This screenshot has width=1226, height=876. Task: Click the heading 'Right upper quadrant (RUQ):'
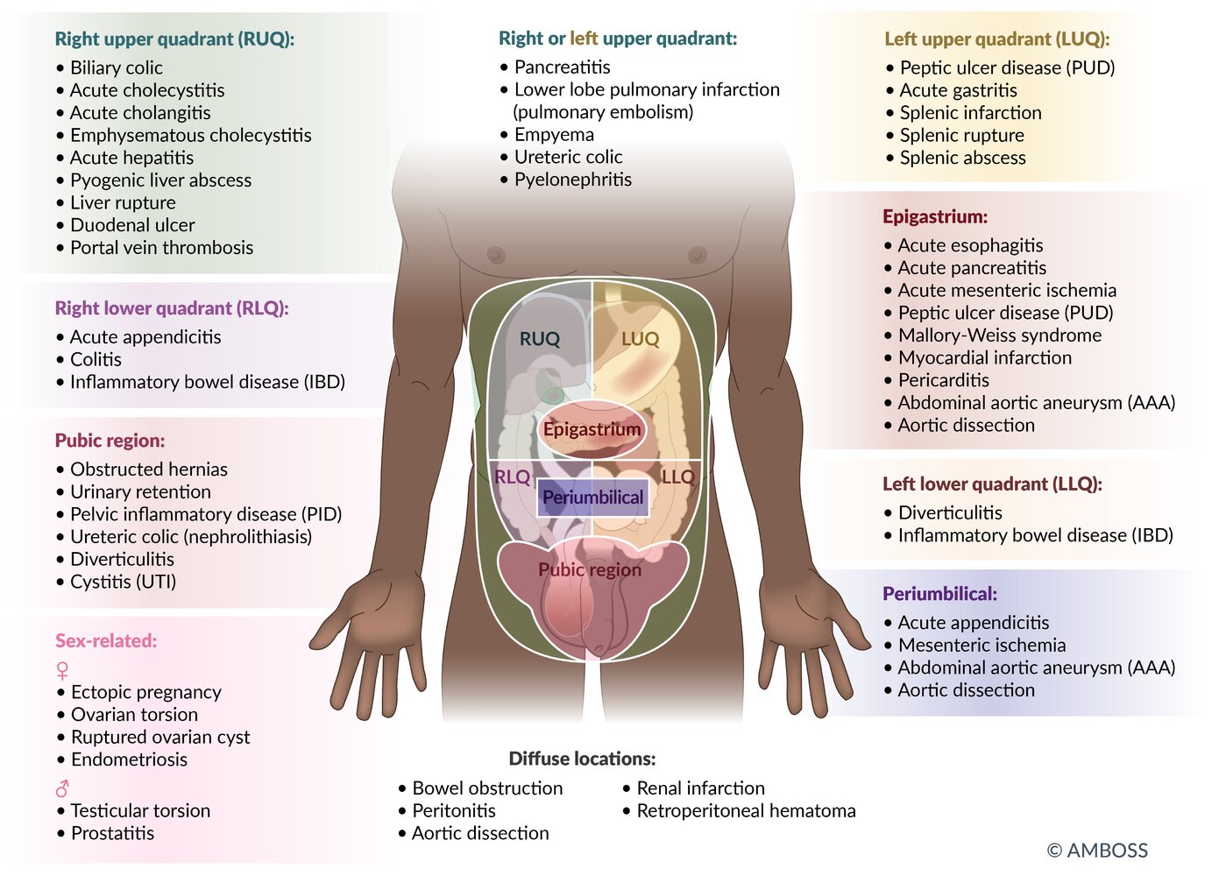[x=174, y=39]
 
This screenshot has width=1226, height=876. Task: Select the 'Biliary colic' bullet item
[x=116, y=67]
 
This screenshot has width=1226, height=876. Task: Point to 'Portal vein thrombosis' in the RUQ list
[x=161, y=248]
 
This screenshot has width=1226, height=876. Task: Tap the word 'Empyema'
[x=554, y=135]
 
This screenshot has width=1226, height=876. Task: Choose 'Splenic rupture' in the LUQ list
[x=961, y=136]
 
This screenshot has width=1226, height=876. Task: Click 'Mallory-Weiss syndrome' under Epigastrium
[x=999, y=336]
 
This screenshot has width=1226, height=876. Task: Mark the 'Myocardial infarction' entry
[x=984, y=358]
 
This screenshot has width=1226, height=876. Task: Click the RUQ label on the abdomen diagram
[x=539, y=339]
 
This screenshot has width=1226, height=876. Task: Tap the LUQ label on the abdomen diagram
[x=640, y=339]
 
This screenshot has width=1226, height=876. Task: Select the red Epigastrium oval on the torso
[x=592, y=429]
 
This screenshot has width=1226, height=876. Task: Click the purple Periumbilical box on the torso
[x=592, y=498]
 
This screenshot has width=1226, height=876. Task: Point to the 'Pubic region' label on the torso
[x=590, y=570]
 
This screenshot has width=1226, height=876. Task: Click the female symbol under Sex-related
[x=62, y=671]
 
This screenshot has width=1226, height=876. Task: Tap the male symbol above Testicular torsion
[x=62, y=788]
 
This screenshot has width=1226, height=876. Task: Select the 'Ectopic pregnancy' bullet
[x=145, y=692]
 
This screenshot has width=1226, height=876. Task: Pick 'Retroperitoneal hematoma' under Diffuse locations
[x=746, y=811]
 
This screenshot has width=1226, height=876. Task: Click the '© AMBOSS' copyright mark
[x=1097, y=851]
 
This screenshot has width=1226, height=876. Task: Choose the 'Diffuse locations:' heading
[x=582, y=759]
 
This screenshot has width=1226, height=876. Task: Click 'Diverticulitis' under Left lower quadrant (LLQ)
[x=950, y=513]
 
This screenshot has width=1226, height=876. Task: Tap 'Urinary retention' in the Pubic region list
[x=140, y=492]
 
